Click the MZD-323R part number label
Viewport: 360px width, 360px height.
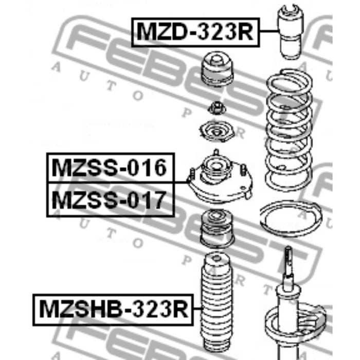click(195, 32)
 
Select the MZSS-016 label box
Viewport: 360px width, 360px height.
click(111, 168)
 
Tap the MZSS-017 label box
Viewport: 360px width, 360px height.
click(111, 200)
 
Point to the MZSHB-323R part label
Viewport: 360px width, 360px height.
click(114, 310)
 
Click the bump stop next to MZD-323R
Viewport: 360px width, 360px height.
click(291, 31)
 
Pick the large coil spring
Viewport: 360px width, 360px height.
click(289, 130)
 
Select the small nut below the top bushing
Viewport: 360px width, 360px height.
click(217, 109)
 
